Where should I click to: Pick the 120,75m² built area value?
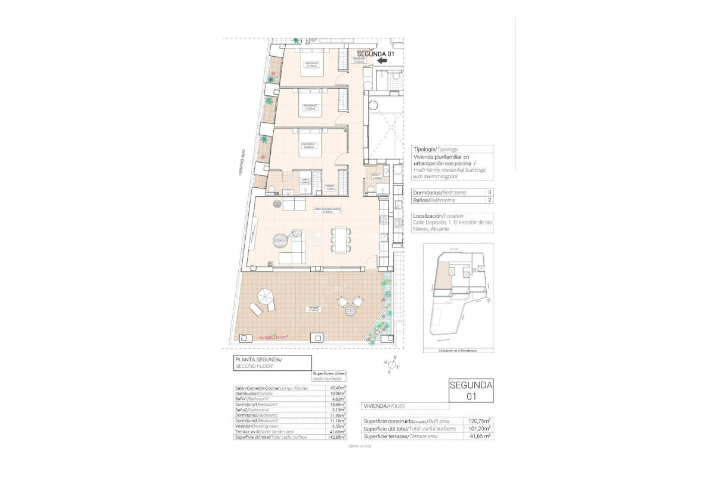coord(479,421)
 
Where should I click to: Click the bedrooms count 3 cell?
coord(489,193)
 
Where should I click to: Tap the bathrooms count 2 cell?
coord(489,200)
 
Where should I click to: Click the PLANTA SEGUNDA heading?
coord(258,360)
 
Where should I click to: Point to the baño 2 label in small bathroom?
coord(376,177)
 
